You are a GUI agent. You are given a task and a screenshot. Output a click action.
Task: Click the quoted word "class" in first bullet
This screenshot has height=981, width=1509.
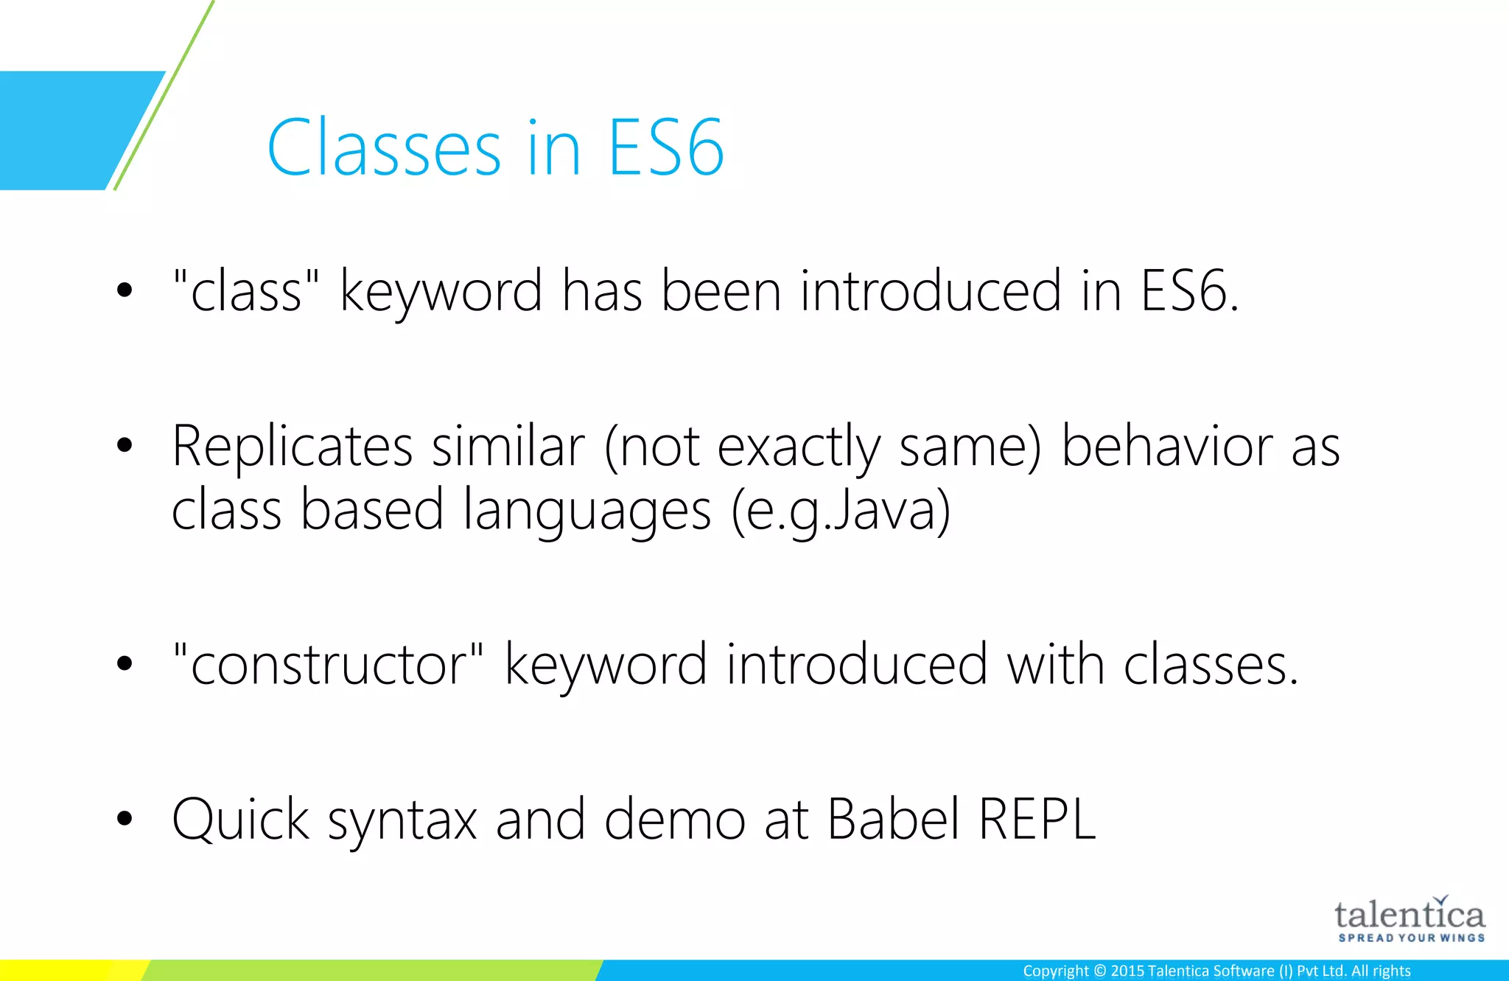point(246,291)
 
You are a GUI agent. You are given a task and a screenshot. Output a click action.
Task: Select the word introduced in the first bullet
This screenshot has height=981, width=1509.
point(931,291)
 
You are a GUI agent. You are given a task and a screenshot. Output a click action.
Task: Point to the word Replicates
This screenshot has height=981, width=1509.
point(292,447)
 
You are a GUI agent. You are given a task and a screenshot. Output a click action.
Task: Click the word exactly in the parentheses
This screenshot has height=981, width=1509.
point(799,448)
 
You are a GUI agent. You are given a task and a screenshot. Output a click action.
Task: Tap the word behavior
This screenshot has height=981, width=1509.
point(1166,447)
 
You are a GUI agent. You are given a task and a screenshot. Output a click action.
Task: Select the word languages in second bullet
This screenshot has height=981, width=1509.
point(587,511)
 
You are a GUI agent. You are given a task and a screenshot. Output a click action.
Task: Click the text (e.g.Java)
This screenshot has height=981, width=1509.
point(841,511)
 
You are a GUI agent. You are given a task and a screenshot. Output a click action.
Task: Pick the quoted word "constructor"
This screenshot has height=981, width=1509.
point(328,664)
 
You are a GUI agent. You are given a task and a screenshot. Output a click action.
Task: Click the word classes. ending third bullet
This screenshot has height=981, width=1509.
point(1210,664)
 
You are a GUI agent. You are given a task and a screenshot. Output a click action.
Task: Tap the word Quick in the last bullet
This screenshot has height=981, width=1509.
point(240,820)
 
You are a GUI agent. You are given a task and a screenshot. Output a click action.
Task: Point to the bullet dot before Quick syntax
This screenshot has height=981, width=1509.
point(125,818)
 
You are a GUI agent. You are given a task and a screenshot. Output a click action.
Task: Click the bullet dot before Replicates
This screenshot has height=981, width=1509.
point(125,444)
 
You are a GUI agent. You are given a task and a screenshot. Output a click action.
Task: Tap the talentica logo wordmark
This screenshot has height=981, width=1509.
point(1410,915)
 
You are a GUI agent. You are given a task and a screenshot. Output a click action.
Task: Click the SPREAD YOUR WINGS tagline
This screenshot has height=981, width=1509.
point(1411,938)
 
